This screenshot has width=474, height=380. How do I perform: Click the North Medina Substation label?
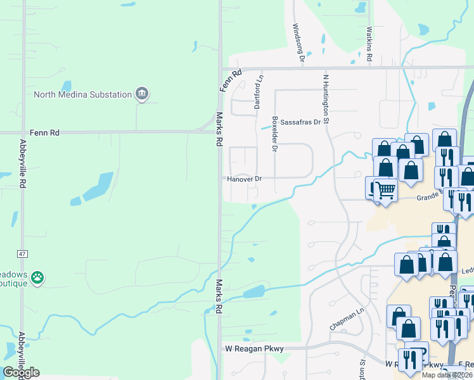[x=82, y=95]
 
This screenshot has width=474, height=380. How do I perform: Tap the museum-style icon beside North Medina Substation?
[x=142, y=94]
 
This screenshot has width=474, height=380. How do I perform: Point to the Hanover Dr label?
[x=245, y=179]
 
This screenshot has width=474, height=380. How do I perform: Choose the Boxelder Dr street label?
[x=274, y=134]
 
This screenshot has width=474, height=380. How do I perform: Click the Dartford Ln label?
[x=258, y=92]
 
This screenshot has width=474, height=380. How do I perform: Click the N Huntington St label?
[x=326, y=98]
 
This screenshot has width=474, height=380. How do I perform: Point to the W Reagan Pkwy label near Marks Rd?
[x=253, y=349]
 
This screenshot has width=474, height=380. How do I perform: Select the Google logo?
[x=21, y=372]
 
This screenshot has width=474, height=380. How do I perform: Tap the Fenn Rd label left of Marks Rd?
[x=47, y=133]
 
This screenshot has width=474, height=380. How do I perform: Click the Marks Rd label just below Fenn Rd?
[x=219, y=129]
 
